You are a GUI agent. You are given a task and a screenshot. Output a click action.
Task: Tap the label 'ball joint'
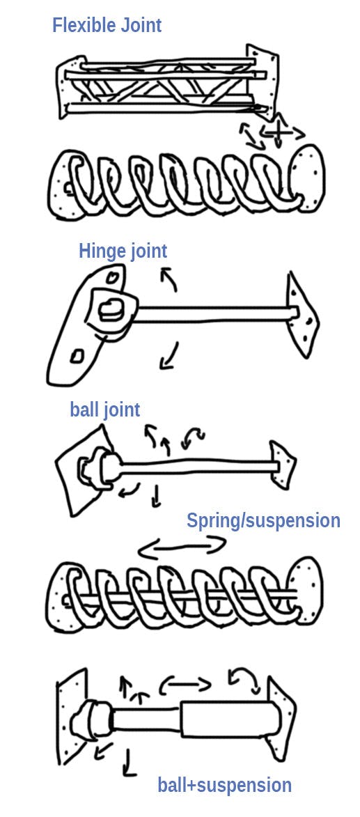pyautogui.click(x=104, y=410)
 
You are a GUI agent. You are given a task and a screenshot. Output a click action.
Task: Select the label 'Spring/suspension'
pyautogui.click(x=263, y=520)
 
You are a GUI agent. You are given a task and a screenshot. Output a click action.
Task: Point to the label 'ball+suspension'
pyautogui.click(x=224, y=786)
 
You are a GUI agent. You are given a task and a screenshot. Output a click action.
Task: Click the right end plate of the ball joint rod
pyautogui.click(x=283, y=465)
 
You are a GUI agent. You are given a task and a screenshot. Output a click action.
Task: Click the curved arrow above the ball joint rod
pyautogui.click(x=193, y=437)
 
